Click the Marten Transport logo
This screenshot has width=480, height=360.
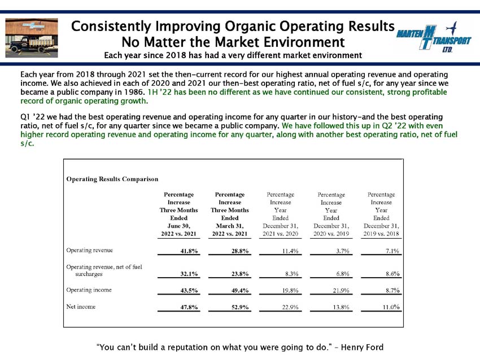[434, 37]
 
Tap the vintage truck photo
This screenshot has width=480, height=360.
[32, 38]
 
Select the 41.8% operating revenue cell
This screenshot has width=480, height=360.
[189, 251]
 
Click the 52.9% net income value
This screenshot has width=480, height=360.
[240, 307]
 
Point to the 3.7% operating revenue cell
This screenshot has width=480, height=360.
[343, 251]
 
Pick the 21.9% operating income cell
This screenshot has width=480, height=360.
[341, 291]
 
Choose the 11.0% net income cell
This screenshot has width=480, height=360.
[391, 307]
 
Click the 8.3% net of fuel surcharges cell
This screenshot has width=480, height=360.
[292, 274]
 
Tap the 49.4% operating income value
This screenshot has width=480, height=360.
[240, 291]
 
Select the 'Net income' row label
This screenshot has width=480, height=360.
[81, 306]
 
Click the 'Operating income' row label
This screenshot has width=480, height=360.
[89, 290]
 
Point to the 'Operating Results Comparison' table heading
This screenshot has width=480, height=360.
[112, 179]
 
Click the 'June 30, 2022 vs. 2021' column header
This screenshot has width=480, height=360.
[179, 230]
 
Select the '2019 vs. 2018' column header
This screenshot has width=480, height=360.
[381, 234]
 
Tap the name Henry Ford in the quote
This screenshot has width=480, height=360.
[362, 347]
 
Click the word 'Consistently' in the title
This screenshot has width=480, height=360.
[112, 27]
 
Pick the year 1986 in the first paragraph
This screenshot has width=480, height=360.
[134, 92]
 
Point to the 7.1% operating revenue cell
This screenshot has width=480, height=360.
[392, 251]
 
